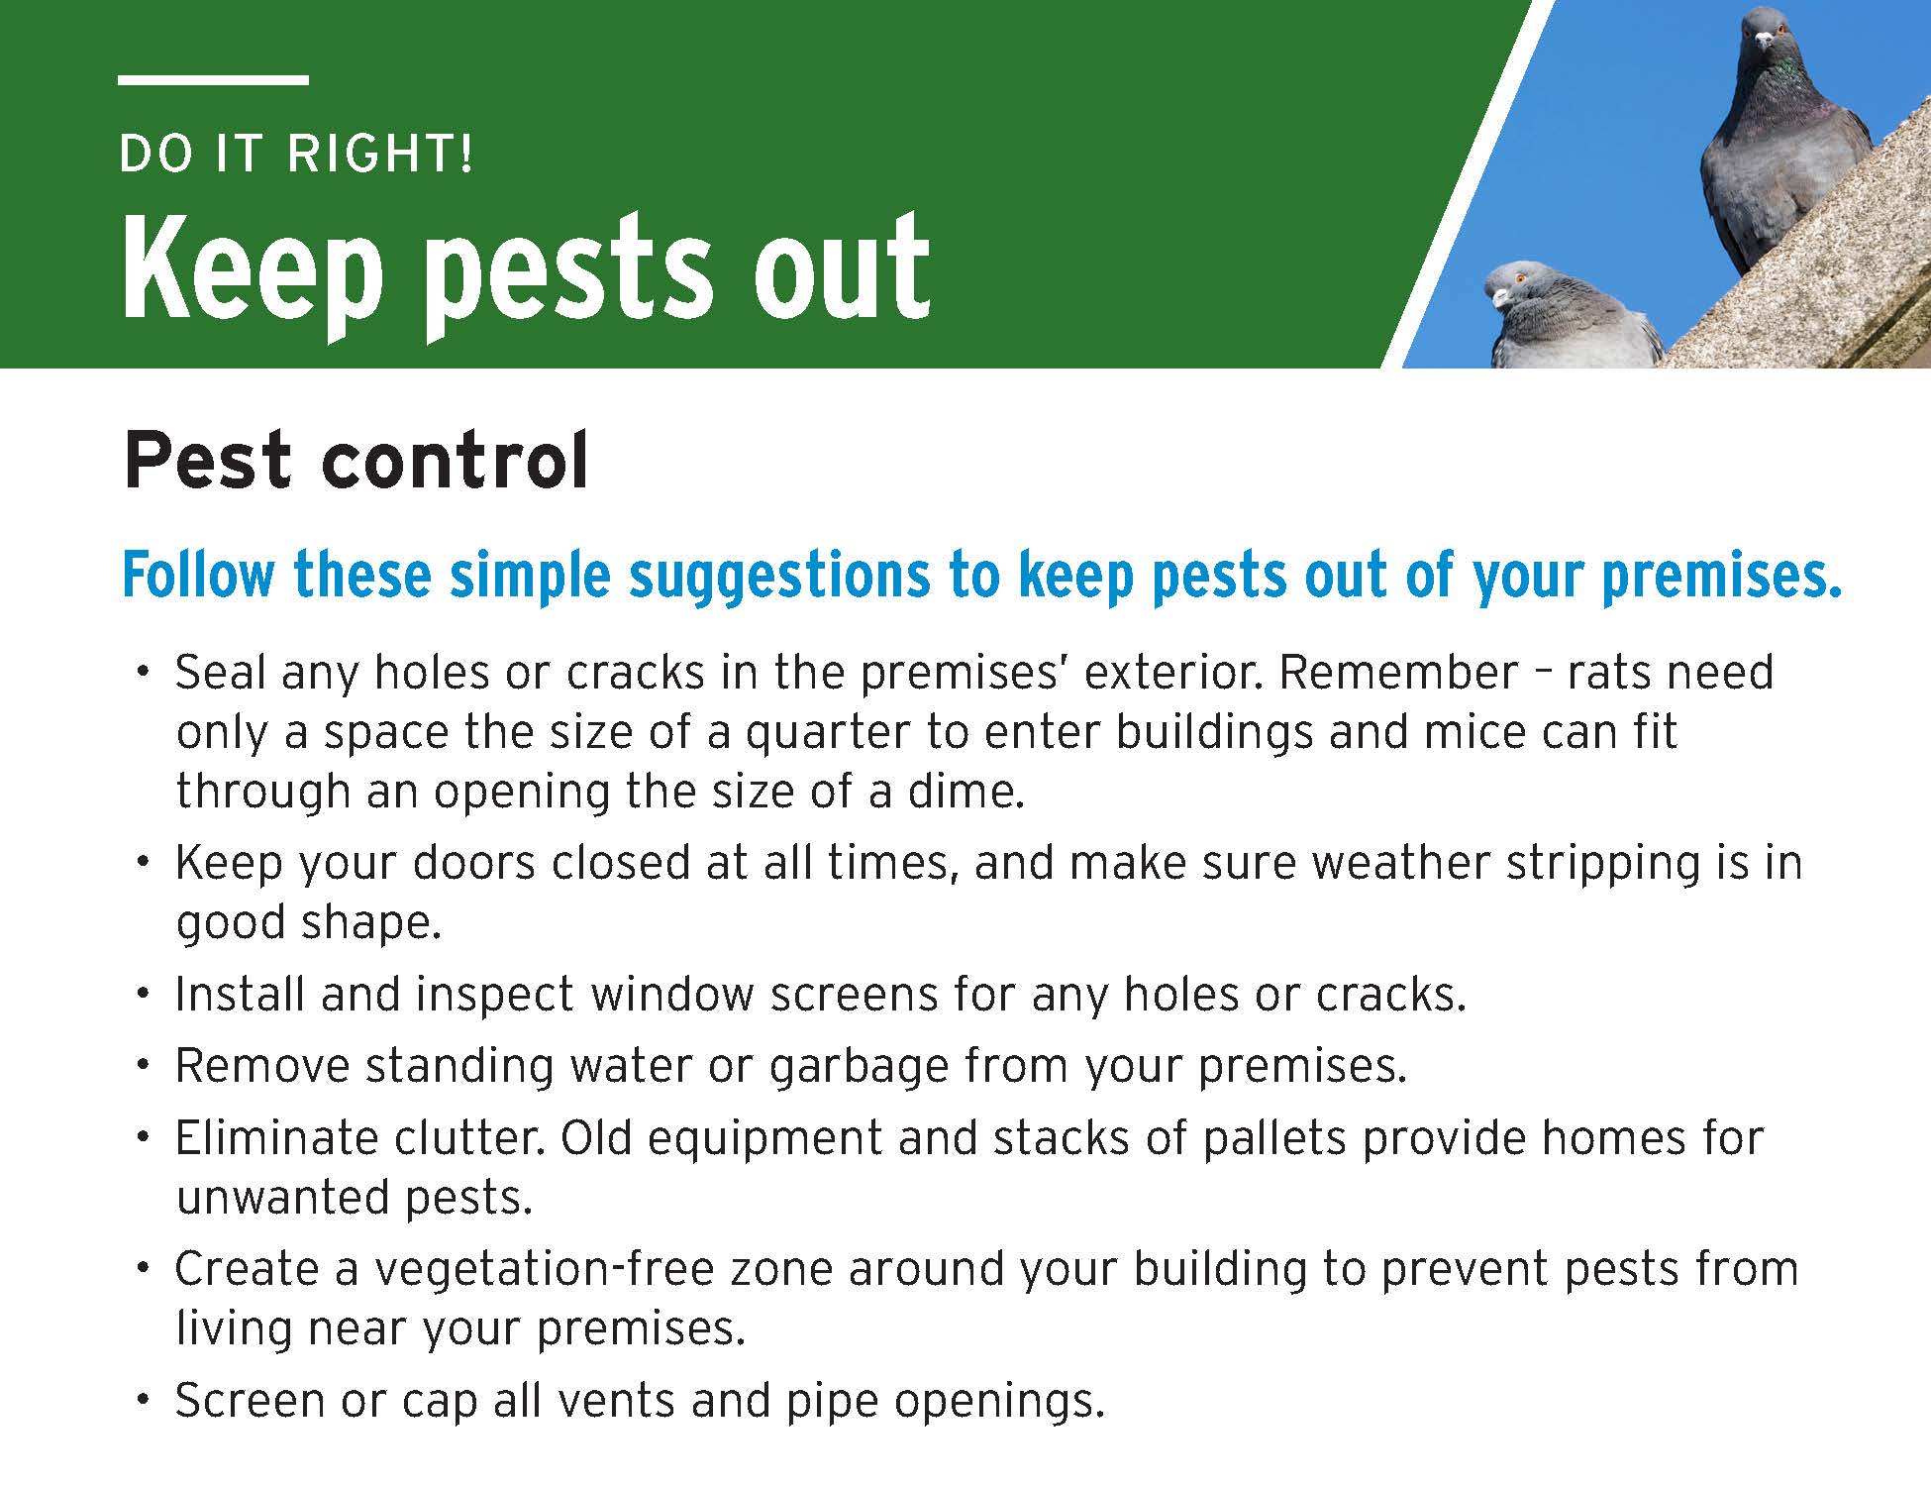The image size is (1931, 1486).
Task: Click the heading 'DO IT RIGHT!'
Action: pos(296,155)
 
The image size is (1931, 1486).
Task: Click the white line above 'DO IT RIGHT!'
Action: pos(213,79)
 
